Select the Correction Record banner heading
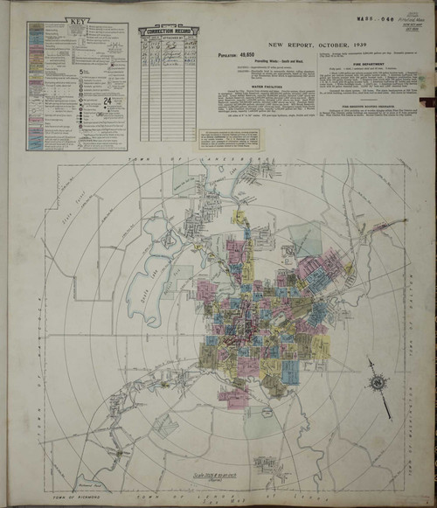tap(168, 31)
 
